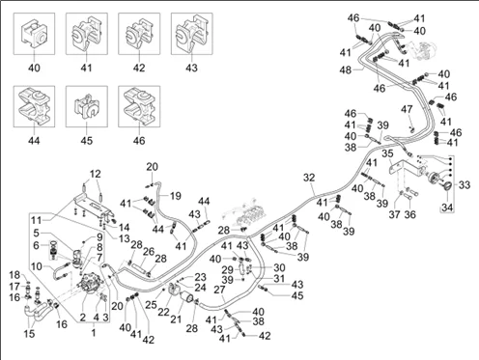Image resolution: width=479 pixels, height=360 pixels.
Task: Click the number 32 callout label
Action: point(309,178)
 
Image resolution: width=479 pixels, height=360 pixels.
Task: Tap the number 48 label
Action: point(346,69)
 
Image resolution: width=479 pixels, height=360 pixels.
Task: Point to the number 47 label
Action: point(407,109)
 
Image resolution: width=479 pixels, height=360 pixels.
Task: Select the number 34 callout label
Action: point(447,208)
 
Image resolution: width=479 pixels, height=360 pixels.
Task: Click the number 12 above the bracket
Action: point(95,174)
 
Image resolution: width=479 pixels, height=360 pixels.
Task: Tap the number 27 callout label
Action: point(219,290)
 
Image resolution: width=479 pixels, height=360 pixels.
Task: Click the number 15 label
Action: point(29,334)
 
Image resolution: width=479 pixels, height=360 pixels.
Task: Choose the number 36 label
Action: point(409,214)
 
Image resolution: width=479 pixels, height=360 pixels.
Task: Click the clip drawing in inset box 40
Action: point(34,34)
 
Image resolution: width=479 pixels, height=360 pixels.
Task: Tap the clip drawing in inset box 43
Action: point(191,35)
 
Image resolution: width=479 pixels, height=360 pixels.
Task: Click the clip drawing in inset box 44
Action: point(34,106)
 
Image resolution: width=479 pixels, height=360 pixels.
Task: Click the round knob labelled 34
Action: point(447,186)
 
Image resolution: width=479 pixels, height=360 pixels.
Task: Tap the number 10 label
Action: point(37,266)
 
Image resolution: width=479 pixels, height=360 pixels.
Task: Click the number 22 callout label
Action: point(163,312)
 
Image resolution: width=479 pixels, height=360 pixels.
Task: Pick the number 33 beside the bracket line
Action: point(465,185)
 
